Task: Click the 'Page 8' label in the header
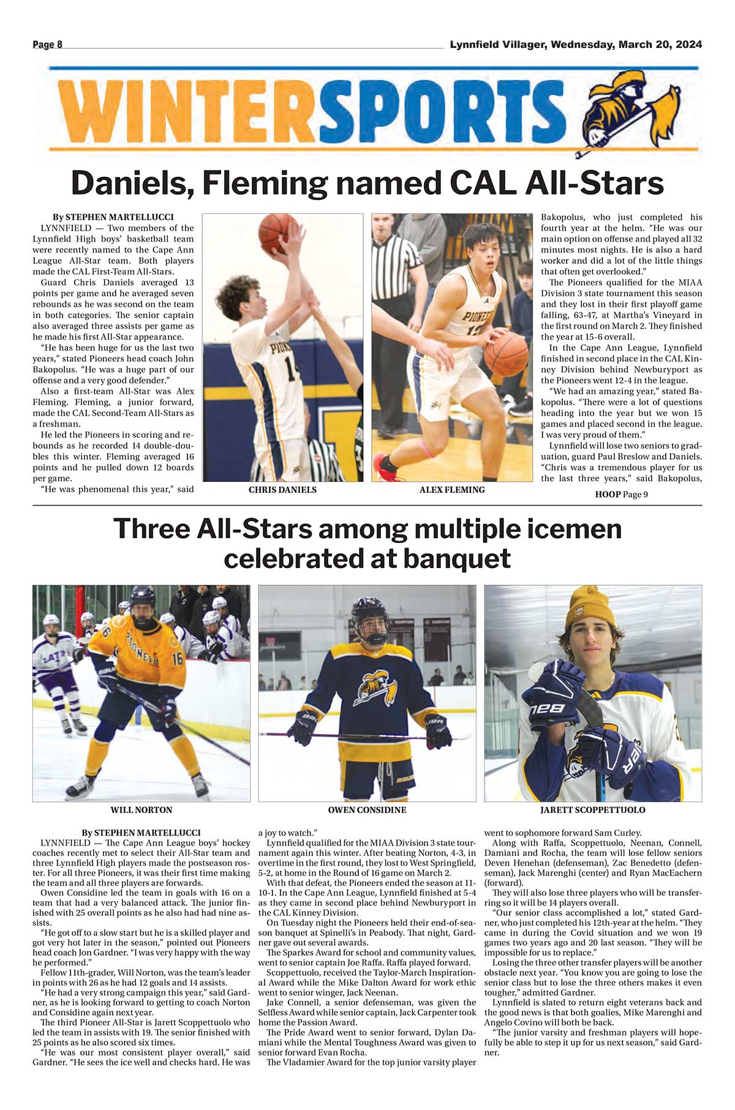[47, 45]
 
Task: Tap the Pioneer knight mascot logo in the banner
[631, 110]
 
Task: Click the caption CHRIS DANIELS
[282, 490]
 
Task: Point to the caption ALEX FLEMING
[452, 490]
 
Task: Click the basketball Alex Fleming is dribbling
[506, 353]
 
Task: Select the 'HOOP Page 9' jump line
[621, 495]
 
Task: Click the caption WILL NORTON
[141, 810]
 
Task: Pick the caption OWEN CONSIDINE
[367, 810]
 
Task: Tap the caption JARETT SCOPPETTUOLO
[592, 810]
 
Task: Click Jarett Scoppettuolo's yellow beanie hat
[589, 610]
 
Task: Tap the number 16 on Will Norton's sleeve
[178, 659]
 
